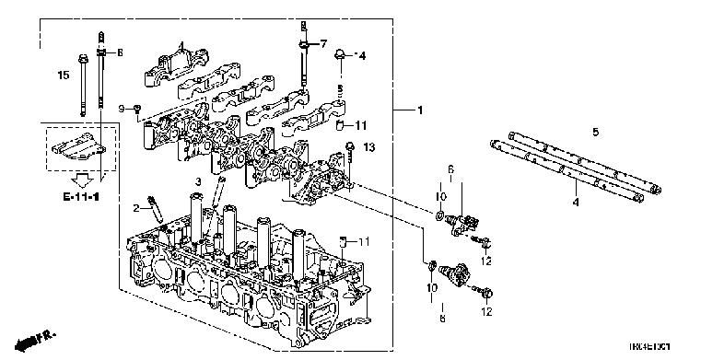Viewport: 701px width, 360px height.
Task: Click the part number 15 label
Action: [64, 75]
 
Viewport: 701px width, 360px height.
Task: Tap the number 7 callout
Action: [323, 43]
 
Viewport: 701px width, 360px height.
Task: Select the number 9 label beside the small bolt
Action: [121, 110]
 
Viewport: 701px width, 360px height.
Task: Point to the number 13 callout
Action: [370, 147]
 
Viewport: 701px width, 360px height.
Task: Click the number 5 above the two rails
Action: [595, 134]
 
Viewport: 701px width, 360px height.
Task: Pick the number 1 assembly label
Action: [419, 111]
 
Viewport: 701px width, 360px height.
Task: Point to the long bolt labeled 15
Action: [83, 87]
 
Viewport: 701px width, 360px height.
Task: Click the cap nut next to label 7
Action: [302, 43]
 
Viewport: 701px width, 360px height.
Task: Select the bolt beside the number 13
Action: [351, 149]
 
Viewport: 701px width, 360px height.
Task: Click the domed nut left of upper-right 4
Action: [340, 54]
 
